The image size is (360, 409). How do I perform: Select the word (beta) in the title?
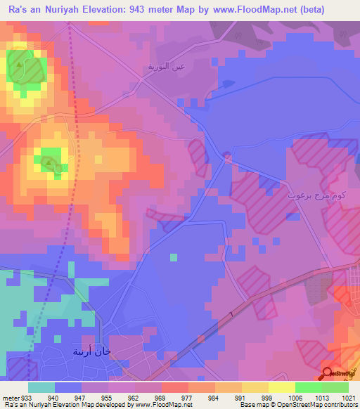(337, 9)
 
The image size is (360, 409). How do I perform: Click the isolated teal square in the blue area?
(173, 257)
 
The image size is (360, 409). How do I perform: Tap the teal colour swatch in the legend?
(41, 387)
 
